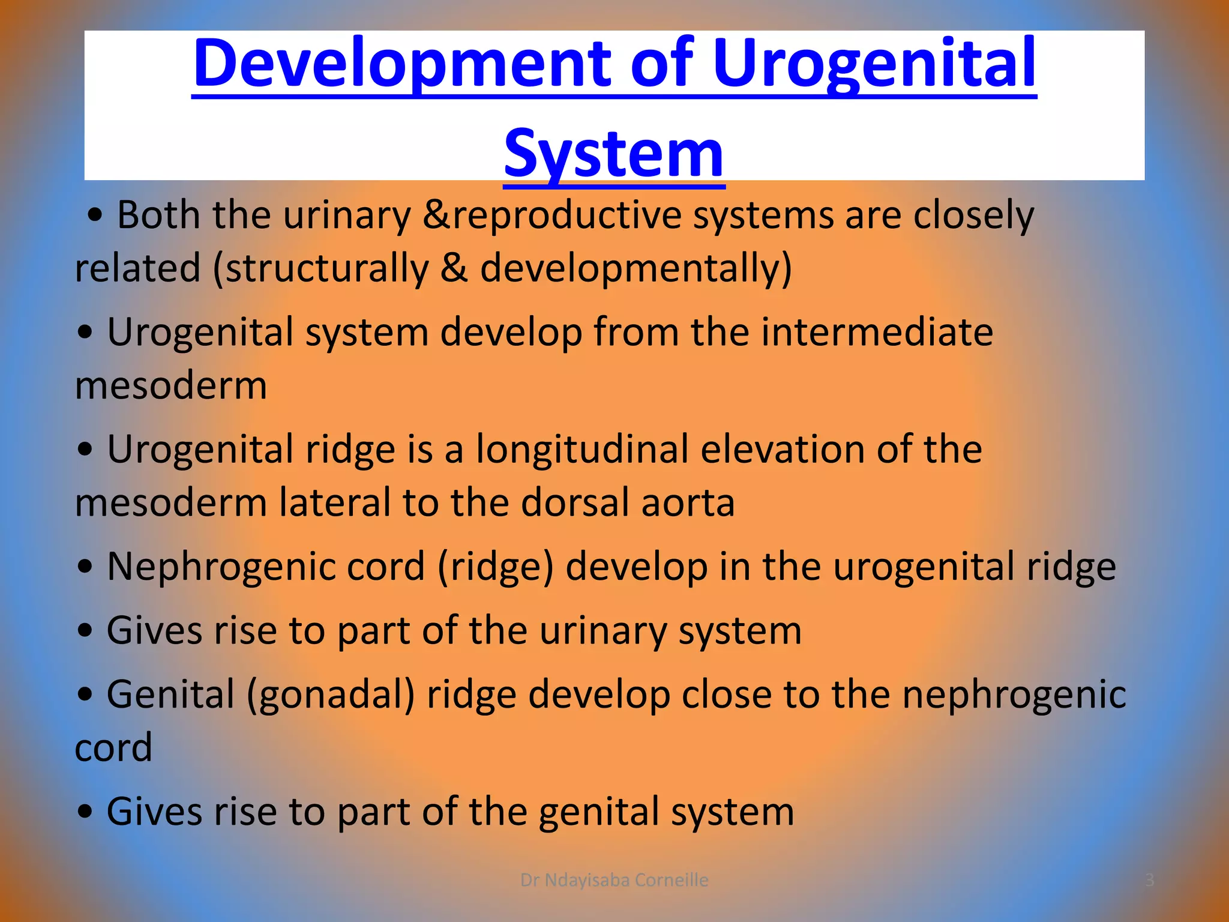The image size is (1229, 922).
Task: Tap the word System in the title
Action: tap(614, 154)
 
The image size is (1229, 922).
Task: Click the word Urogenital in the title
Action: tap(874, 64)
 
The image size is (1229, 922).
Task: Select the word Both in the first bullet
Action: tap(158, 215)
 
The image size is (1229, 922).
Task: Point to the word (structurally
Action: tap(321, 268)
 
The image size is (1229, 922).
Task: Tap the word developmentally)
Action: tap(636, 268)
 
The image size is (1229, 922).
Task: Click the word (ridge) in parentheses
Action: tap(495, 567)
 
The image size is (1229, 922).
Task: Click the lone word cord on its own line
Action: tap(113, 748)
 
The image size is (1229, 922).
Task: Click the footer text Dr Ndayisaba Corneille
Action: tap(614, 880)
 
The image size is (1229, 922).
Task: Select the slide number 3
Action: tap(1149, 880)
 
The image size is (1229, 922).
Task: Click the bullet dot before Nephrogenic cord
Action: tap(85, 567)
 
